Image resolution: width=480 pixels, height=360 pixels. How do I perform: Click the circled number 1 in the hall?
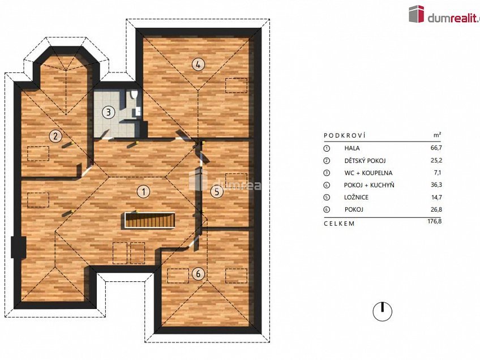(x=144, y=191)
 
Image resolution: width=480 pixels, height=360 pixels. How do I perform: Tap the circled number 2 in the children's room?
(x=55, y=136)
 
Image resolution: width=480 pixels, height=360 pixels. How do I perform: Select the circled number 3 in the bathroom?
(x=108, y=112)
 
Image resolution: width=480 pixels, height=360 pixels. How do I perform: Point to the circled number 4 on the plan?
(x=197, y=64)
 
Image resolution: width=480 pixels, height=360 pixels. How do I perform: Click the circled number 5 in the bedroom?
(x=217, y=192)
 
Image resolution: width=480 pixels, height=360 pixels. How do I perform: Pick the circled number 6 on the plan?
(x=197, y=275)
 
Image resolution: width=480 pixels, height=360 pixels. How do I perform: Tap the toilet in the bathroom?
(x=133, y=96)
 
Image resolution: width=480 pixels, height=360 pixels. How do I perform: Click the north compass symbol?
(x=383, y=311)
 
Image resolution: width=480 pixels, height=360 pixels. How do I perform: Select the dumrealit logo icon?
(x=417, y=14)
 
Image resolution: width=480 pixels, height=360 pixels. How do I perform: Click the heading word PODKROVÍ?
(x=344, y=136)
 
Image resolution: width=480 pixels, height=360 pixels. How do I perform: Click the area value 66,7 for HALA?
(x=435, y=148)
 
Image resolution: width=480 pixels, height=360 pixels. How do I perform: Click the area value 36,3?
(x=435, y=185)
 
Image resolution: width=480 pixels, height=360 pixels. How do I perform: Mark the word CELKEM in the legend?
(x=339, y=223)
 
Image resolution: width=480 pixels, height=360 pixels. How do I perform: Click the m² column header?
(x=437, y=136)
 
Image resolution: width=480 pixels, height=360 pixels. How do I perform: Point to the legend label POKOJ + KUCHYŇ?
(x=369, y=185)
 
